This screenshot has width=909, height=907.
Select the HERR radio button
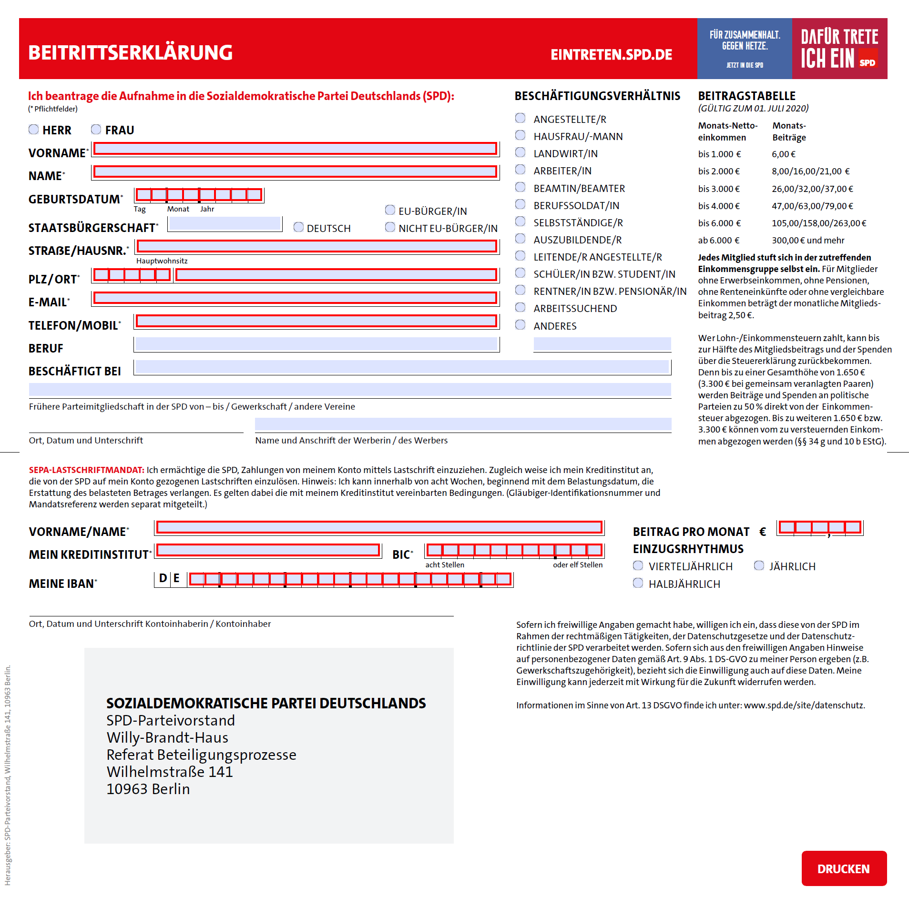click(x=34, y=130)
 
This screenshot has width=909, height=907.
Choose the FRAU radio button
click(x=96, y=130)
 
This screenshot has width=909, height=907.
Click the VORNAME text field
click(x=295, y=149)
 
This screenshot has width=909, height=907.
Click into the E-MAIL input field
click(x=295, y=298)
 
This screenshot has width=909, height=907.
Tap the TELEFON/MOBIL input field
click(x=317, y=322)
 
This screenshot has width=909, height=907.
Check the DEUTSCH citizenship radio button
click(x=299, y=227)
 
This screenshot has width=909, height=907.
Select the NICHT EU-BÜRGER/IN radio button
click(x=390, y=227)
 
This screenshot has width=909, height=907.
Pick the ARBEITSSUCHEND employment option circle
click(x=521, y=308)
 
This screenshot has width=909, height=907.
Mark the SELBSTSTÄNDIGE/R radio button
click(x=521, y=222)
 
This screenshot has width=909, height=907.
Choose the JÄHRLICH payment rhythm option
click(x=759, y=565)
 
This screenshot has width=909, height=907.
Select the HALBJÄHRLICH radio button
click(x=638, y=583)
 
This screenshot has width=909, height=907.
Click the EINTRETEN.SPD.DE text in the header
click(x=611, y=55)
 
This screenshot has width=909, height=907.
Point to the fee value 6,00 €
click(x=784, y=154)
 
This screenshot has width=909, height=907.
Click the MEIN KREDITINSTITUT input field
click(x=268, y=550)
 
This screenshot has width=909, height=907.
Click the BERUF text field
click(x=317, y=344)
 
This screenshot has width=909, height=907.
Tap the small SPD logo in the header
click(x=868, y=62)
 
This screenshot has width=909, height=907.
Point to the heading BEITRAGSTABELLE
click(x=747, y=96)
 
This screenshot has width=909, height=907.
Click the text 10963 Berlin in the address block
click(x=148, y=789)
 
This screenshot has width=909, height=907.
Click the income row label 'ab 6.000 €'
click(x=719, y=241)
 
